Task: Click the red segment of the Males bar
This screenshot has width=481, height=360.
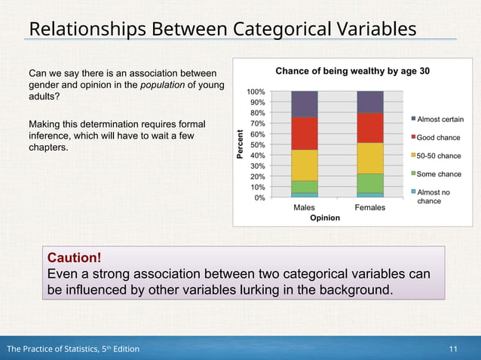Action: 305,133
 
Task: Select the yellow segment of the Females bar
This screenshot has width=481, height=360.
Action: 369,158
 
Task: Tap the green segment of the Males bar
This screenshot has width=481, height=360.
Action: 305,186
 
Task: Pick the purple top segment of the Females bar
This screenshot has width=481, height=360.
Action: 369,102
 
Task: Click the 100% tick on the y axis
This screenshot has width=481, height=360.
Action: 255,92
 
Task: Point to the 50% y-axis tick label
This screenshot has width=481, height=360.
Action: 257,145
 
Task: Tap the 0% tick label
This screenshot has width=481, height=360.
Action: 259,198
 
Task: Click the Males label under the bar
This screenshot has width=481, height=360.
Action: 305,207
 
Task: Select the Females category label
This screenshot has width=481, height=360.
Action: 369,207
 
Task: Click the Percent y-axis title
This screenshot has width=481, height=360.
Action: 240,144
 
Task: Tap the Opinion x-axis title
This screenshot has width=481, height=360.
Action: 325,218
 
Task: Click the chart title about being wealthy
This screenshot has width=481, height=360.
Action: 352,72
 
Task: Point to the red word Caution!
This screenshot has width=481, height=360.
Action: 74,258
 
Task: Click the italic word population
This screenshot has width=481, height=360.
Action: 162,85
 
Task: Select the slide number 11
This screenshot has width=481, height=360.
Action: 453,349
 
